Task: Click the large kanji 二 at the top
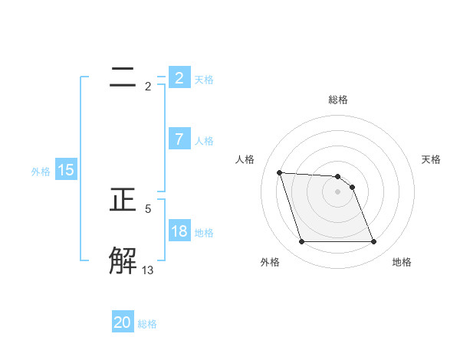tap(122, 77)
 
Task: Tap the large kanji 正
tap(123, 200)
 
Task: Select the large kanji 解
tap(123, 260)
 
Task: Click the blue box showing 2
tap(179, 77)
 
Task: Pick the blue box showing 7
tap(179, 139)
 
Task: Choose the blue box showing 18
tap(179, 231)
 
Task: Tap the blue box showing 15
tap(66, 171)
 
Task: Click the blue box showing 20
tap(123, 322)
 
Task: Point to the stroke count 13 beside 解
tap(148, 270)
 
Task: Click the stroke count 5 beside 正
tap(148, 208)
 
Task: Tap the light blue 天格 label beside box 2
tap(204, 79)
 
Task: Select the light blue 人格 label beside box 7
tap(204, 141)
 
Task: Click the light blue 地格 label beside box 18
tap(204, 233)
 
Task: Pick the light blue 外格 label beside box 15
tap(41, 172)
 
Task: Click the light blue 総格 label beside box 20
tap(147, 324)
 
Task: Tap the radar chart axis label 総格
tap(338, 100)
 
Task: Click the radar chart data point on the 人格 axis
tap(279, 172)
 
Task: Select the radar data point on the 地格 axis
tap(373, 242)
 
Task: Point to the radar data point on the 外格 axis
tap(301, 242)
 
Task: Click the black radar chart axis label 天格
tap(431, 159)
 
